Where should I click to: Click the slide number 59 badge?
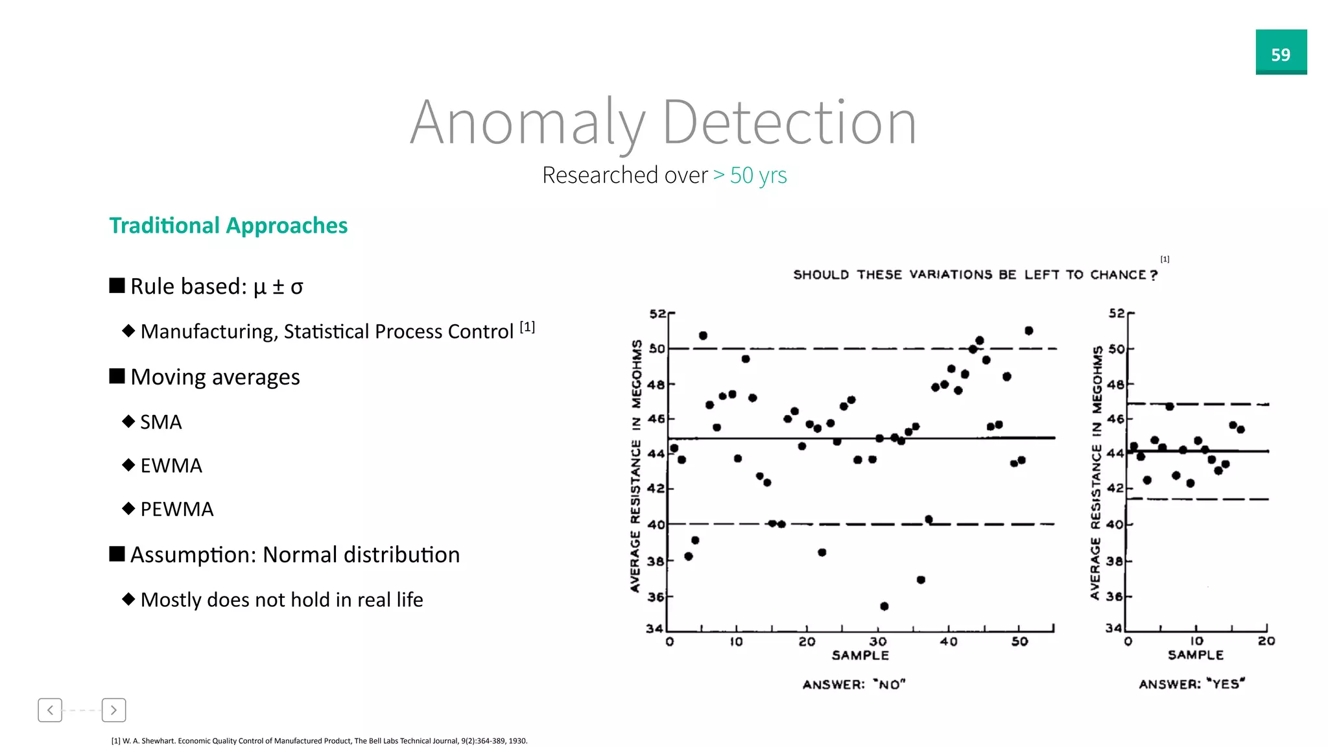1281,53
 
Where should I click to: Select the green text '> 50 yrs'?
750,176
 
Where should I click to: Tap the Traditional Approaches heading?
228,226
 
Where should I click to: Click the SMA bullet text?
161,422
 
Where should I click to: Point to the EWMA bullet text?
171,466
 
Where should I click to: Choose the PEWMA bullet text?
176,509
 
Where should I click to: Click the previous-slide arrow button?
50,710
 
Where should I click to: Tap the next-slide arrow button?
113,710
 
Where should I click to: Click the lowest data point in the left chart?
884,606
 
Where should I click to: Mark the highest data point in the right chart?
1169,407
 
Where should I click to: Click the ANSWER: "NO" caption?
853,685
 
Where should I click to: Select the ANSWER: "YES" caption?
1192,684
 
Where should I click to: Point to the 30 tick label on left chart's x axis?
877,642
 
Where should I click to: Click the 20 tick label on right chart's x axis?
1266,641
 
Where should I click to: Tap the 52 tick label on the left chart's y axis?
657,314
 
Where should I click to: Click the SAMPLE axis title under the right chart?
1195,656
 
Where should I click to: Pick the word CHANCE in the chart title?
1118,275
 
